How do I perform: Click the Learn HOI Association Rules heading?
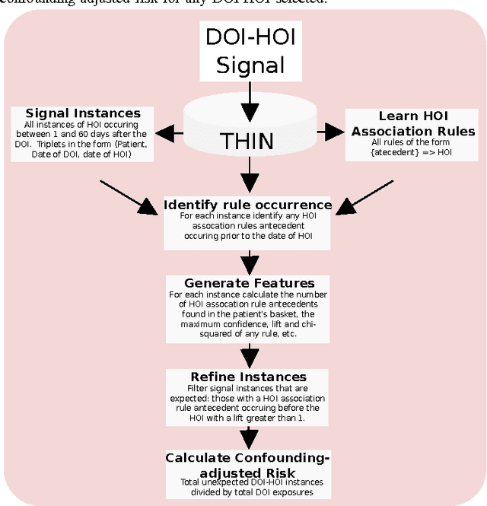(413, 123)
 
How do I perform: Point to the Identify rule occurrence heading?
(248, 205)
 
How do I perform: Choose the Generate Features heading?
(248, 283)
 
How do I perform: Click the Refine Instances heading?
(248, 377)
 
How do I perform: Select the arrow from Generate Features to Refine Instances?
(247, 354)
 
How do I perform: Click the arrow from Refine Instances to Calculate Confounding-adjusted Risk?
(247, 436)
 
